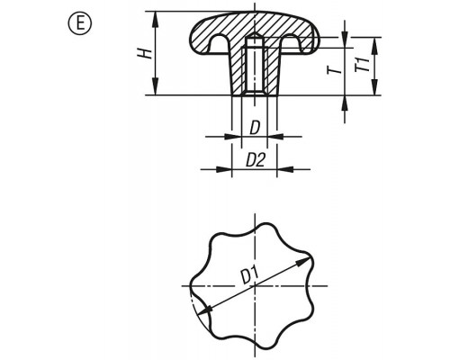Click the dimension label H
(x=146, y=53)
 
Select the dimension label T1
(x=363, y=65)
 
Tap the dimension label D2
(x=256, y=160)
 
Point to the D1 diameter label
(x=249, y=276)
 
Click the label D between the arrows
(x=255, y=128)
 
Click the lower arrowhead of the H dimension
(x=156, y=86)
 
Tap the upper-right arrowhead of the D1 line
(x=303, y=262)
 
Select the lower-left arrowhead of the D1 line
(x=203, y=310)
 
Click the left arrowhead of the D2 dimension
(x=224, y=169)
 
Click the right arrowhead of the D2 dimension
(x=284, y=169)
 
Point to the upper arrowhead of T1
(x=374, y=46)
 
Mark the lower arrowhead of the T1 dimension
(x=374, y=86)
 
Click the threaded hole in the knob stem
(x=255, y=67)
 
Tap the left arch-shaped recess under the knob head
(x=218, y=43)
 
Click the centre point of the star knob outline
(x=255, y=285)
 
